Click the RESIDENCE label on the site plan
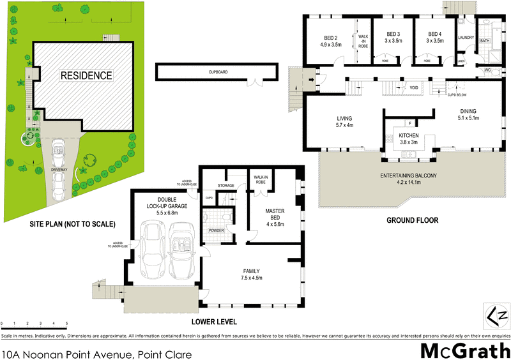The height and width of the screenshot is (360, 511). pos(86,75)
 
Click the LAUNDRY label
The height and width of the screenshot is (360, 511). pos(465,38)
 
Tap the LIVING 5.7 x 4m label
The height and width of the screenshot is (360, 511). pos(345,122)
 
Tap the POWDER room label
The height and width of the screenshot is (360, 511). pos(216,230)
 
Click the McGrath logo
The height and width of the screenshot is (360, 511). pos(464,350)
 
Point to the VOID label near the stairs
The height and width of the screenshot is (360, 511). pos(414,87)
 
